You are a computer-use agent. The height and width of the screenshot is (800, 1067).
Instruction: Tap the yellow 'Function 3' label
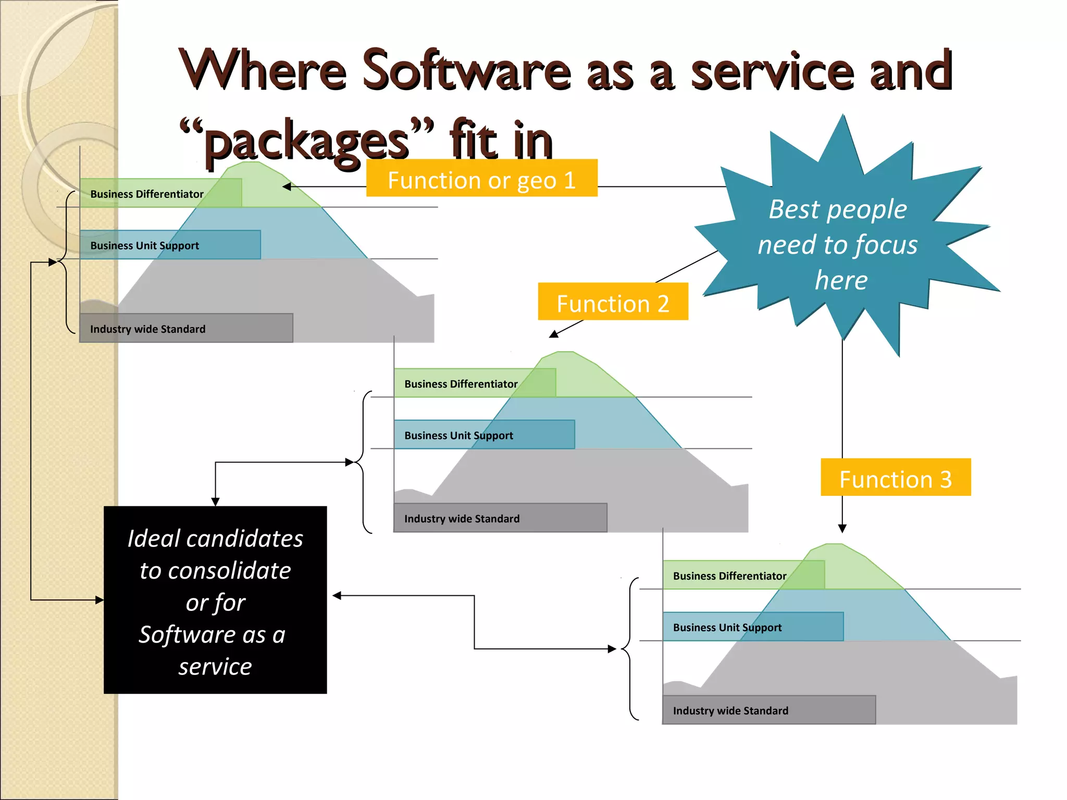tap(895, 478)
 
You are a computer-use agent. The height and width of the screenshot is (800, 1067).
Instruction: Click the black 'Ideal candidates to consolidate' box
tap(215, 599)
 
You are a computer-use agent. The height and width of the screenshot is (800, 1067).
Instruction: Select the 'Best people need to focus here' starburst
tap(839, 240)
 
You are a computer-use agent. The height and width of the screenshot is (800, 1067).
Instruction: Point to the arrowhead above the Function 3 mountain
tap(842, 529)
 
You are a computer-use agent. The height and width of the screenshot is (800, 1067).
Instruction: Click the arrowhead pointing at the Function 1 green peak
tap(287, 186)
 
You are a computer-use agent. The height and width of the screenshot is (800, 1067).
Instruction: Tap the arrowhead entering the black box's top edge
tap(215, 502)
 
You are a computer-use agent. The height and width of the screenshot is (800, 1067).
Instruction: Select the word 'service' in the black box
tap(215, 667)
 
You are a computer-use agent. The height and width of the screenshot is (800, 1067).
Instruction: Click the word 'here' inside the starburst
tap(841, 280)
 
